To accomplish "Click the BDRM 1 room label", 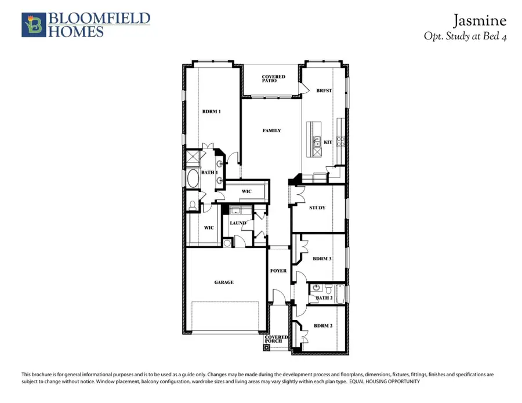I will pos(211,111).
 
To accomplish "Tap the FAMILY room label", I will pos(271,131).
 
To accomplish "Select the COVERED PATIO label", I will pos(273,79).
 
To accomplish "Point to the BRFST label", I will pos(324,91).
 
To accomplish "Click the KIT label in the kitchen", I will pos(328,142).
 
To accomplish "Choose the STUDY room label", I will pos(317,208).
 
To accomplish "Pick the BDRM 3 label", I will pos(322,259).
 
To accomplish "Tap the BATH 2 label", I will pos(324,298).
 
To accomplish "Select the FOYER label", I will pos(278,271).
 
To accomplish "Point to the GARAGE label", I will pos(224,282).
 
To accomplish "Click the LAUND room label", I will pos(238,223).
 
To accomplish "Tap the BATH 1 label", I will pos(209,172).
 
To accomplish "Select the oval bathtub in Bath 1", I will pos(192,178).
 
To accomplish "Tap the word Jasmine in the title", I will pos(480,21).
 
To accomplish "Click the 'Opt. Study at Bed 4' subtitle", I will pos(466,36).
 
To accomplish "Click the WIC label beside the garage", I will pos(209,228).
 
